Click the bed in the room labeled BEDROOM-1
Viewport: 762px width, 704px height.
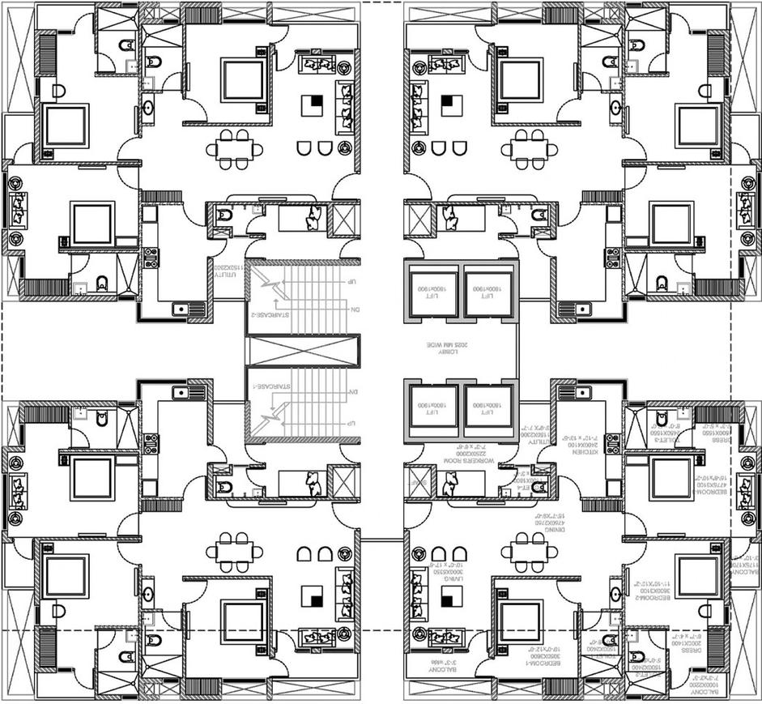pyautogui.click(x=519, y=621)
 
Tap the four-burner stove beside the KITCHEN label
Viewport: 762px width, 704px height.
pyautogui.click(x=612, y=444)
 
